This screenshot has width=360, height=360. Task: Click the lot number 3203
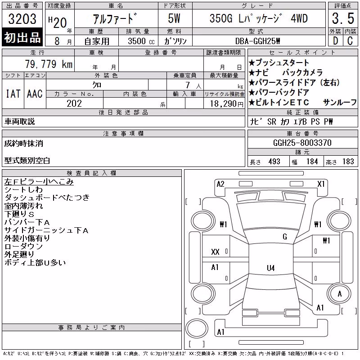pos(22,19)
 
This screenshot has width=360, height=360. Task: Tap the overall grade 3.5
pos(343,18)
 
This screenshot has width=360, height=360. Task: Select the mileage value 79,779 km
pos(49,64)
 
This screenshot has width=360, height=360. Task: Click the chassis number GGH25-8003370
pos(302,143)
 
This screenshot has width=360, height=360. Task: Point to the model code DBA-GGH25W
pos(257,41)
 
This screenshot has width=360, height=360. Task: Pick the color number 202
pos(74,103)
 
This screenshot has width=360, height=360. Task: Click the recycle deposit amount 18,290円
pos(227,104)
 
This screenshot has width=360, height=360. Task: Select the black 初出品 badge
pos(22,37)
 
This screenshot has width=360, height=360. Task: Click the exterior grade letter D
pos(335,41)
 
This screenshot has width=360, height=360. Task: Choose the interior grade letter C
pos(350,41)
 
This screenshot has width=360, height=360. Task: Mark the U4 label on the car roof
pos(271,268)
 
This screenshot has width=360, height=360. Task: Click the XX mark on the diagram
pos(215,252)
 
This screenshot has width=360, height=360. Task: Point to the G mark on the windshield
pos(285,237)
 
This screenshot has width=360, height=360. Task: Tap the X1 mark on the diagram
pos(321,184)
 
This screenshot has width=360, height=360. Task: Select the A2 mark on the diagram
pos(220,184)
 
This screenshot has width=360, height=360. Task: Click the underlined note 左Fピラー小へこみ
pos(39,182)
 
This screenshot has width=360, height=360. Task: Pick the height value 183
pos(348,162)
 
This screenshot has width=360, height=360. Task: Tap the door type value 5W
pos(174,18)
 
